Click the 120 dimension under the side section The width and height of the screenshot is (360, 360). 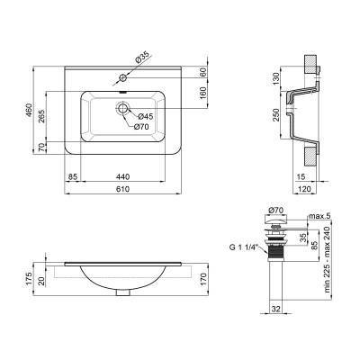[305, 190]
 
